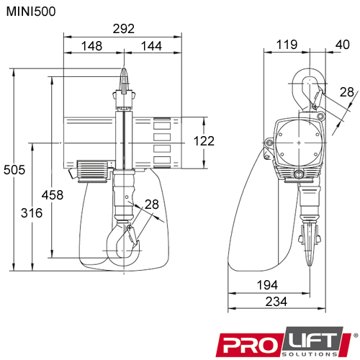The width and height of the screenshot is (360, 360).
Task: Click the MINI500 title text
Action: [x=30, y=12]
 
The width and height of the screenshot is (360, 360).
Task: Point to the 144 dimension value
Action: [x=150, y=46]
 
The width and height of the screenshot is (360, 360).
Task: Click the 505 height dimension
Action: [x=14, y=170]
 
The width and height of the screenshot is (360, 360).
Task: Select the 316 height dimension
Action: [x=32, y=213]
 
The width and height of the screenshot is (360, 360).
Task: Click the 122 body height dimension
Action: [x=204, y=141]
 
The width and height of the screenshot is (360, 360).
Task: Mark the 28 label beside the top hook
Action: [x=346, y=91]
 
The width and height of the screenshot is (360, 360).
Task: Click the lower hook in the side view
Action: [x=309, y=245]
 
